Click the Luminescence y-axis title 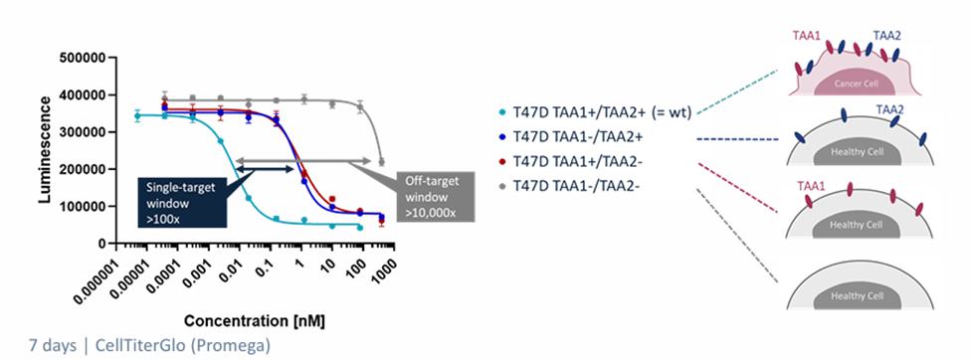[45, 149]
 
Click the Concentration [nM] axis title [255, 321]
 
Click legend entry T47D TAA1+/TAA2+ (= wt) [596, 113]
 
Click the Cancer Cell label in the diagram [856, 84]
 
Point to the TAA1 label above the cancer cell [806, 37]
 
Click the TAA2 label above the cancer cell [886, 37]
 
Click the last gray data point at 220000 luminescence [382, 162]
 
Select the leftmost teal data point [137, 115]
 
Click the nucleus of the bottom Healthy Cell [856, 296]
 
